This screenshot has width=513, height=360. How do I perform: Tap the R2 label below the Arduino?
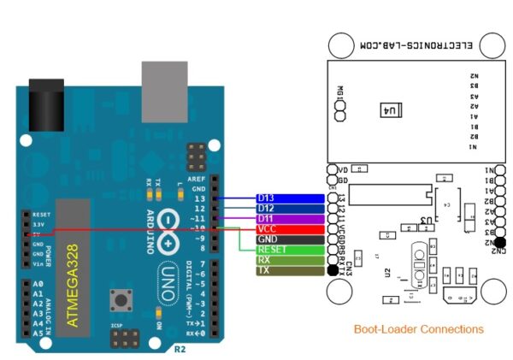point(179,348)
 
